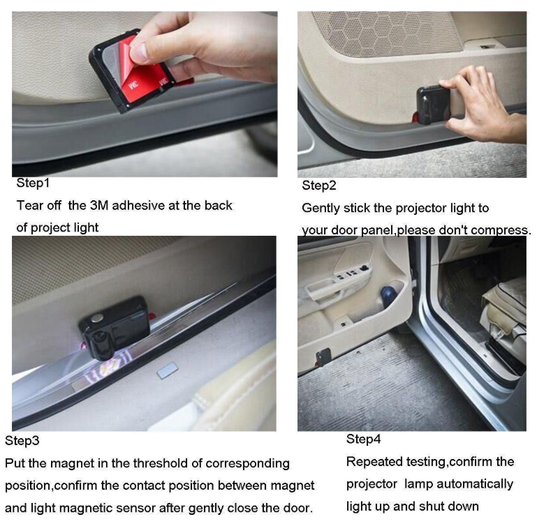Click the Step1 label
(33, 183)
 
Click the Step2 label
(319, 186)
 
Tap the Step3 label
(22, 441)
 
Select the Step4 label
(364, 439)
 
